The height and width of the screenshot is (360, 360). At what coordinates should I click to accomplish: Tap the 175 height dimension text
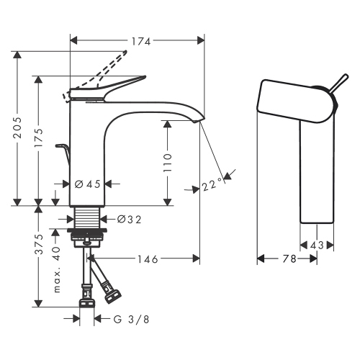pos(40,137)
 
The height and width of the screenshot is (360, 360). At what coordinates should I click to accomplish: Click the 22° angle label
pos(210,186)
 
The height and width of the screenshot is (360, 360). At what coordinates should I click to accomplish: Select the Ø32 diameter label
pos(129,218)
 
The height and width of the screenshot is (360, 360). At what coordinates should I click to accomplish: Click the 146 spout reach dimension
pos(148,258)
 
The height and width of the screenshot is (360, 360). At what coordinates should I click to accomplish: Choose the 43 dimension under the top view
pos(316,246)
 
